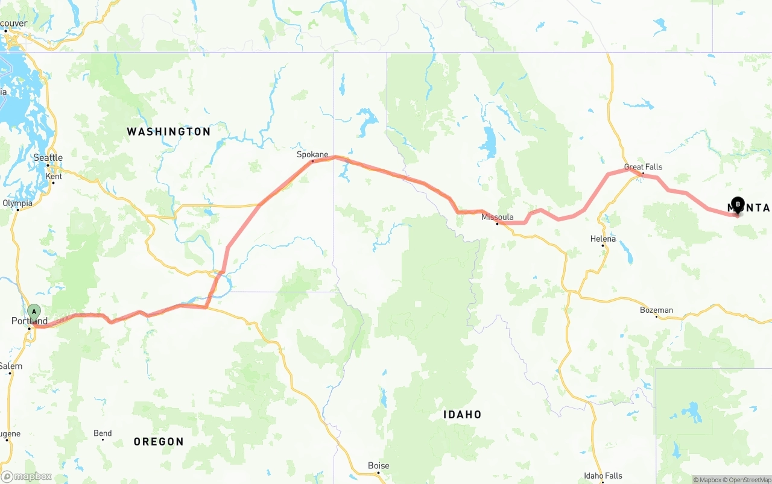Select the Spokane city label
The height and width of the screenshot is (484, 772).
point(312,155)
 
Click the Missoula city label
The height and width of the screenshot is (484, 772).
point(498,217)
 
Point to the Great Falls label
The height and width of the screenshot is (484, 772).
point(643,167)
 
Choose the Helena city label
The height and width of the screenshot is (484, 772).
point(603,239)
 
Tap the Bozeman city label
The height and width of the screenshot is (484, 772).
point(656,310)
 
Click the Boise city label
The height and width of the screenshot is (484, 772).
point(379,465)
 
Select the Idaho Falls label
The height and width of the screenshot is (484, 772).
point(603,476)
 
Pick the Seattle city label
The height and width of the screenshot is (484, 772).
point(48,158)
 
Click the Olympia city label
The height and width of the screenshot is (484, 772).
point(17,203)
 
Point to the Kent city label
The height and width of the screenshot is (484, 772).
point(54,177)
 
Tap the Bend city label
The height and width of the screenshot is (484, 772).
point(103,433)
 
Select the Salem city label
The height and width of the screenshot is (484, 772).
point(11,366)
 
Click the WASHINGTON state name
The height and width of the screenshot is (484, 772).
point(169,131)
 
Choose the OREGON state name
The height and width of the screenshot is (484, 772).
point(159,442)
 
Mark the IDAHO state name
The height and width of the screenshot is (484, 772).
point(463,415)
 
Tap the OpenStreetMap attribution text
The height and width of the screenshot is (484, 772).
point(748,480)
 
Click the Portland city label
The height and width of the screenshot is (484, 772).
point(30,321)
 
